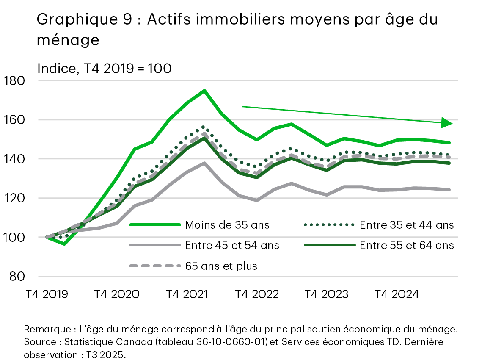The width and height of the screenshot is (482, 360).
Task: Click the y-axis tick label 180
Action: click(14, 80)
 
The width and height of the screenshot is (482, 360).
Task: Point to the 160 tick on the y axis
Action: click(14, 120)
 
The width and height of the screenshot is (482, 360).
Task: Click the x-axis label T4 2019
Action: click(47, 294)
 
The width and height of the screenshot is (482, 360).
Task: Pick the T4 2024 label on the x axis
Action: click(397, 294)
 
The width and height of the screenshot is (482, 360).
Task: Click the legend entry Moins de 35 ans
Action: click(227, 225)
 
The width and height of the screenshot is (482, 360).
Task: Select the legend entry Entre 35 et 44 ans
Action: click(407, 225)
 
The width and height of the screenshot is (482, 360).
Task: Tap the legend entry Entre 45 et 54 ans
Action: click(232, 245)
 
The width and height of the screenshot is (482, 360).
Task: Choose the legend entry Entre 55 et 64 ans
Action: click(407, 245)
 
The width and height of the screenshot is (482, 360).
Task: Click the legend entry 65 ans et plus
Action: click(221, 266)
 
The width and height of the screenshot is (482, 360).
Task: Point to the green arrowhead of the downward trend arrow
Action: click(446, 123)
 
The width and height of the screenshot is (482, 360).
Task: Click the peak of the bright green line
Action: click(204, 91)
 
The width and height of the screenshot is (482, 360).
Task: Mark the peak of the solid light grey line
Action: click(204, 163)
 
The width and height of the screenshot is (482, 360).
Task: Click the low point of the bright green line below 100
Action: click(64, 244)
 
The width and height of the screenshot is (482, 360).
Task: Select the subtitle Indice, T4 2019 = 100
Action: click(104, 68)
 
